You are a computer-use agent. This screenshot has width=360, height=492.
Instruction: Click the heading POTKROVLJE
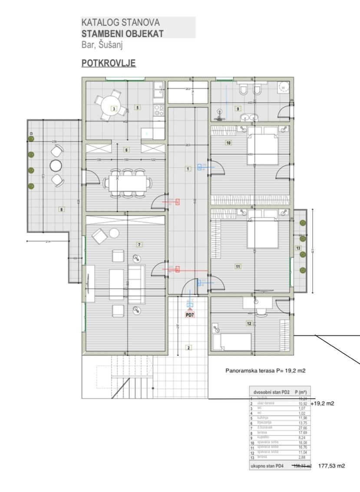point(109,63)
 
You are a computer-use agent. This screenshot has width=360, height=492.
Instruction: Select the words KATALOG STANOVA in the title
point(120,23)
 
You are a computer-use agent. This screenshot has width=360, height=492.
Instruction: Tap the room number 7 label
point(139,244)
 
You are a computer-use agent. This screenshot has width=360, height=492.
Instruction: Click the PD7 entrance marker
point(189,314)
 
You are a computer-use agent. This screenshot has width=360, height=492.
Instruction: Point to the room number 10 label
point(228,142)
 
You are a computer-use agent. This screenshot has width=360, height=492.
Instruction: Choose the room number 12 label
point(249,323)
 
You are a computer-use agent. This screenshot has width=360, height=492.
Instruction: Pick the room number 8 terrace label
point(61,209)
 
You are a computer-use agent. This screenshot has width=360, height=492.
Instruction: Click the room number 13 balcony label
point(298,248)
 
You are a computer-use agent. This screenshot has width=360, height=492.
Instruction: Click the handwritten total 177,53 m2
point(332,466)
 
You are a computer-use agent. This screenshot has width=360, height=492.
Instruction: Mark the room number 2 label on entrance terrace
point(188,347)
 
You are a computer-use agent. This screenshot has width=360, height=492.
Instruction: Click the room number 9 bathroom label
point(238,109)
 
